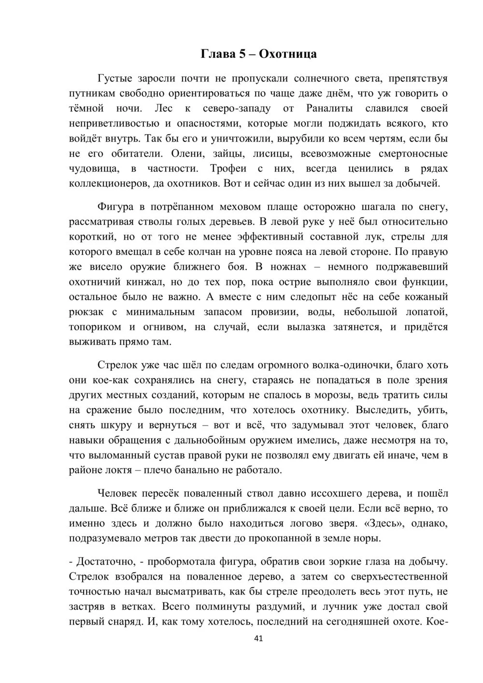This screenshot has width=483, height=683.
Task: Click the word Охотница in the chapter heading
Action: click(288, 54)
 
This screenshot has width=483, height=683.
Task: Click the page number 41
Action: click(258, 639)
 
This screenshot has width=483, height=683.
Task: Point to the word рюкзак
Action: click(85, 312)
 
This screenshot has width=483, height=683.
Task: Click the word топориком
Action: click(95, 327)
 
